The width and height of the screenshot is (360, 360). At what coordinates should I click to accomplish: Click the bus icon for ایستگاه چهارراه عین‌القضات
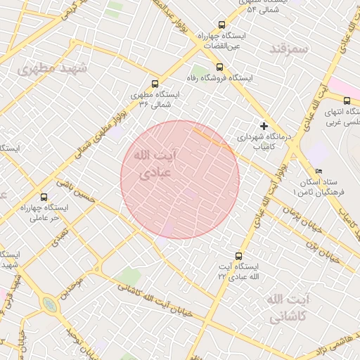click(x=223, y=25)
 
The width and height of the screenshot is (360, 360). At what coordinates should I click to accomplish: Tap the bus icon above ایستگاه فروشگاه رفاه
click(x=220, y=67)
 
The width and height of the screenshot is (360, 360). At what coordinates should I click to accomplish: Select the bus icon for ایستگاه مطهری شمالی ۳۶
click(x=155, y=83)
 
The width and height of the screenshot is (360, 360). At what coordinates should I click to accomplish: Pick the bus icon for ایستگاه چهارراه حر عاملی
click(x=44, y=197)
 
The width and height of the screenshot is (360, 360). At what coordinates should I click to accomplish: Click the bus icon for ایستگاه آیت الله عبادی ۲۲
click(x=238, y=257)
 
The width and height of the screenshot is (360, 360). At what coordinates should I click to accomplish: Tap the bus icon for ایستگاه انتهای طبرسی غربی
click(x=347, y=101)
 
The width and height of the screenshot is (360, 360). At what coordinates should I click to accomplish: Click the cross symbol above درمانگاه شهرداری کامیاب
click(x=264, y=125)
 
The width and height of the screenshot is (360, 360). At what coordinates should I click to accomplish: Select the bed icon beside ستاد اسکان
click(x=319, y=172)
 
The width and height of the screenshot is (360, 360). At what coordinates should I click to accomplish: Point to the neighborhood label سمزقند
click(x=289, y=49)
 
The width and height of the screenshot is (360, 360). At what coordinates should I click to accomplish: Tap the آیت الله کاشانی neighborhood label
click(x=287, y=308)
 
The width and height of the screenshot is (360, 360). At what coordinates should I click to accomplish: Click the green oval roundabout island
click(x=49, y=305)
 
